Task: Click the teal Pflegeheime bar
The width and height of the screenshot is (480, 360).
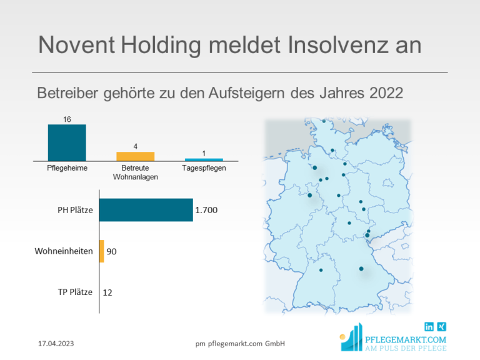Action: coord(67,142)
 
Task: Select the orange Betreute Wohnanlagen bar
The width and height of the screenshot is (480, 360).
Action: coord(135,156)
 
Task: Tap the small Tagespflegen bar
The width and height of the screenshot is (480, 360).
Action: coord(204,159)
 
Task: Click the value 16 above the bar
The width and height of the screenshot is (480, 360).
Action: coord(67,119)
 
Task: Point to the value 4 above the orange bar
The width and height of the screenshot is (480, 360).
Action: coord(135,146)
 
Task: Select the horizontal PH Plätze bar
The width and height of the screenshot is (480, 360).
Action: coord(146,210)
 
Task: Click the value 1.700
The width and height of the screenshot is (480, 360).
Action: coord(206,211)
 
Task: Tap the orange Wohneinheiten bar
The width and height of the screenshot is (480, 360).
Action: coord(101,251)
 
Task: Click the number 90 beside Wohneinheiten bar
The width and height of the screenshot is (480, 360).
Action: coord(112,251)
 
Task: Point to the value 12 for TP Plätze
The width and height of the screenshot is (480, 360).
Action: coord(107,292)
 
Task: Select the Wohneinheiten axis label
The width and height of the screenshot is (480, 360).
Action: coord(64,251)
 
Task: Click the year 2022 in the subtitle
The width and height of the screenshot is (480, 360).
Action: coord(386,92)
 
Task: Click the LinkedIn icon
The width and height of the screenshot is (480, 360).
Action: coord(429,326)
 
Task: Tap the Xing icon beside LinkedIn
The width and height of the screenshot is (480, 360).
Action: coord(442,326)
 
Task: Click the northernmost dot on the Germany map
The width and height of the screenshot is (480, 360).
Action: coord(324,121)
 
